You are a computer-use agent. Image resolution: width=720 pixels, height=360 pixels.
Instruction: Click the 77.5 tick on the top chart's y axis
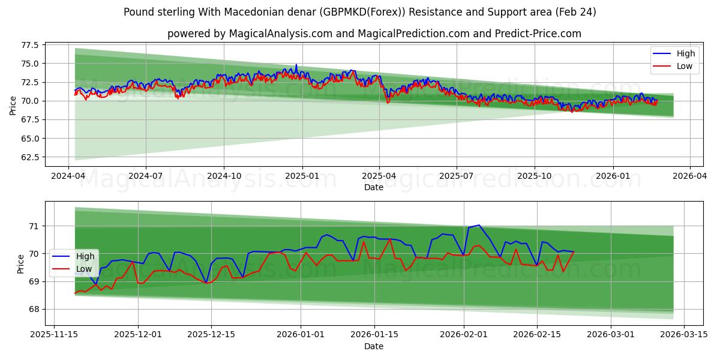(29, 45)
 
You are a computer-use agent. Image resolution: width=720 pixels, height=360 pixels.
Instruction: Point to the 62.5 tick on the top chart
(29, 157)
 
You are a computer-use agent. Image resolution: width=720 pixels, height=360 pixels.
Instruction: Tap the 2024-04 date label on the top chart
(68, 176)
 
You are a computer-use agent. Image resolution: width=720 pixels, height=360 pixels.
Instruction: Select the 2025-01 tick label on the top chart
(302, 176)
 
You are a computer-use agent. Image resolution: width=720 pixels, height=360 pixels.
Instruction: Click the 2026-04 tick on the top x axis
(689, 176)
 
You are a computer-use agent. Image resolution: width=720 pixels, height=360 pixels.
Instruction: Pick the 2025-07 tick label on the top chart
(457, 176)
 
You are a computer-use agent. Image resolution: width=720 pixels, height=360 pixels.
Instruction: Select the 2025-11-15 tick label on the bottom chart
(55, 335)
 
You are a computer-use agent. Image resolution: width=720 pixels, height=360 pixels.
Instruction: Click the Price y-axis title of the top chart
(13, 106)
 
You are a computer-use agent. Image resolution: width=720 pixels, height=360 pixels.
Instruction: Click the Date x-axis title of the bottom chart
(373, 346)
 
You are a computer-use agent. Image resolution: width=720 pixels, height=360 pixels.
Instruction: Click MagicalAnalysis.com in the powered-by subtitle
(281, 34)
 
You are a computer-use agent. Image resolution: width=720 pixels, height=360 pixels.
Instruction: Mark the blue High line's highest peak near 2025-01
(296, 64)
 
